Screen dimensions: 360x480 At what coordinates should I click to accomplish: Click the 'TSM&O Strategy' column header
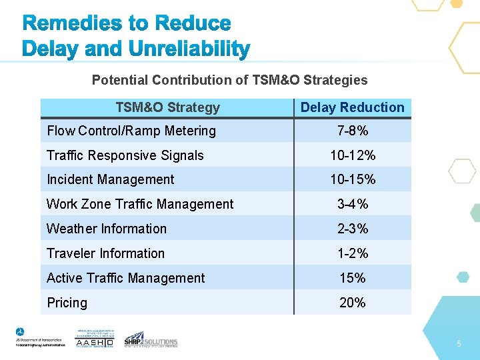point(167,107)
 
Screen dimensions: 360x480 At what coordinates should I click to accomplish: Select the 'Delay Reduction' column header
point(352,107)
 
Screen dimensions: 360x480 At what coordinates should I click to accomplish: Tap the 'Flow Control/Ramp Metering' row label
point(131,131)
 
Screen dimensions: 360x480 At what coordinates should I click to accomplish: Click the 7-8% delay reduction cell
point(352,131)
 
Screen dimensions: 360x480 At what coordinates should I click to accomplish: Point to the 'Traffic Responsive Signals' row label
point(125,155)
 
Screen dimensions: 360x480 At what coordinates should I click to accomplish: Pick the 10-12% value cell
point(352,155)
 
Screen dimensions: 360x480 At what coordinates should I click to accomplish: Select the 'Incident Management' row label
point(110,179)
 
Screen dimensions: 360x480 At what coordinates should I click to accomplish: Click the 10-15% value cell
point(352,179)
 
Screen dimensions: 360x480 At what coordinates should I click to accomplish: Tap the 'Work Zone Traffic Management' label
point(140,204)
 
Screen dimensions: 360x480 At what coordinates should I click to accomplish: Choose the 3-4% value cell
point(352,204)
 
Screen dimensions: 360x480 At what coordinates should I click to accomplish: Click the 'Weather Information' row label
point(107,229)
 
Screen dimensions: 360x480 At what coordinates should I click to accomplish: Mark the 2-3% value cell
point(352,229)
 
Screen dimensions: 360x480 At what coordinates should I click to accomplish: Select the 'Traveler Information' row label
point(105,253)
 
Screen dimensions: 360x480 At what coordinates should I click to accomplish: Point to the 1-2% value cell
point(352,253)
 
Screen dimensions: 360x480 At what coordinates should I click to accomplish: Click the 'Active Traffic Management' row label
point(126,278)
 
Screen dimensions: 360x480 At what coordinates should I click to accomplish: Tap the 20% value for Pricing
point(352,303)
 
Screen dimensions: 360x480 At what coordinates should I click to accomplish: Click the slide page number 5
point(459,343)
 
